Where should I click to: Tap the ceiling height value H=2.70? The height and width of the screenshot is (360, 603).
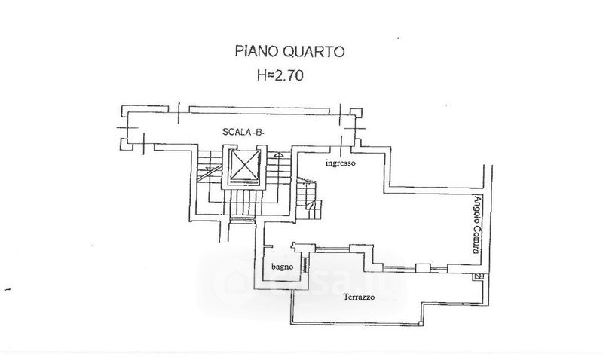click(280, 75)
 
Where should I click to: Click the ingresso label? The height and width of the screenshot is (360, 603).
click(341, 162)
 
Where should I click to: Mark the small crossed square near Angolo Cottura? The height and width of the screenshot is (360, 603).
click(477, 277)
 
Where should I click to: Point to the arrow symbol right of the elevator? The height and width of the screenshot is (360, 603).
click(278, 154)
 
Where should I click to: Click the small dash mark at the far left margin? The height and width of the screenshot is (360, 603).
click(8, 289)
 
